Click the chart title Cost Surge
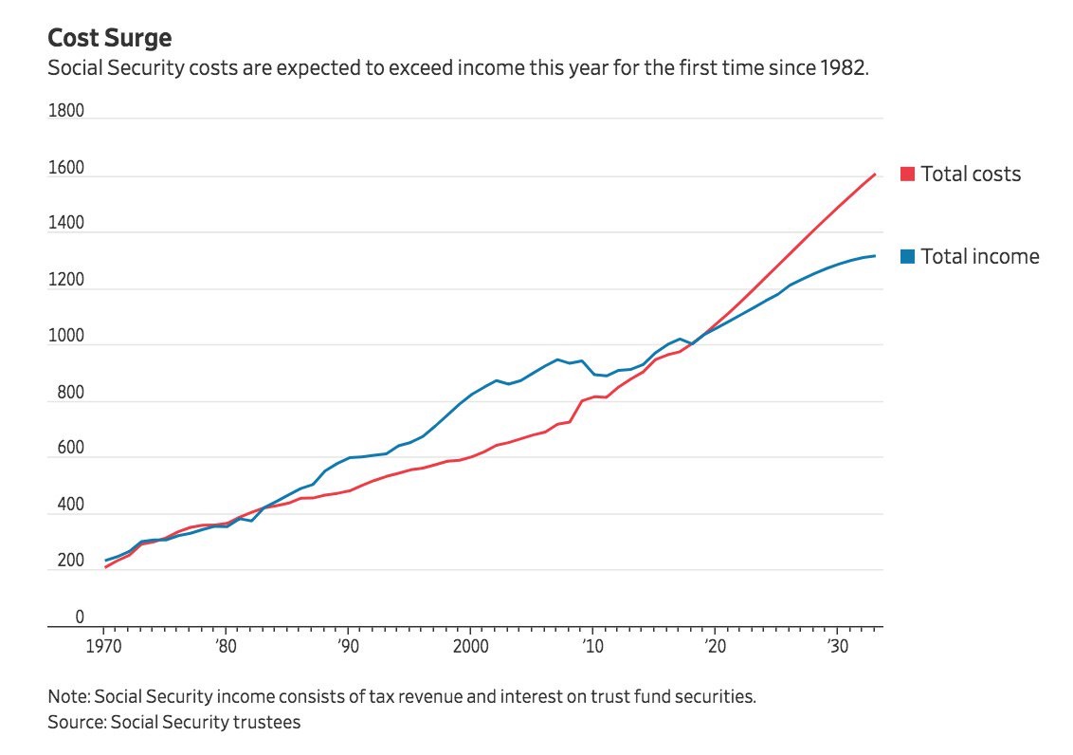tap(109, 38)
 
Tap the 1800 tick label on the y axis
tap(66, 112)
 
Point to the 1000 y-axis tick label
tap(66, 339)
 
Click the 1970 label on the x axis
tap(104, 645)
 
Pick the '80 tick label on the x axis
tap(225, 645)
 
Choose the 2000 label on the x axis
tap(470, 645)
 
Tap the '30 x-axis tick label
tap(836, 645)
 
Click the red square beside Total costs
tap(907, 175)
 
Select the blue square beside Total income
tap(907, 257)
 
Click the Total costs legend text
tap(971, 175)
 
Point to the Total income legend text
tap(980, 257)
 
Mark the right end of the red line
tap(875, 174)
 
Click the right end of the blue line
tap(875, 256)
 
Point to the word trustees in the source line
tap(265, 722)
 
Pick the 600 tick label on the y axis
tap(66, 451)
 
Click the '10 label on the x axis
tap(592, 645)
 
